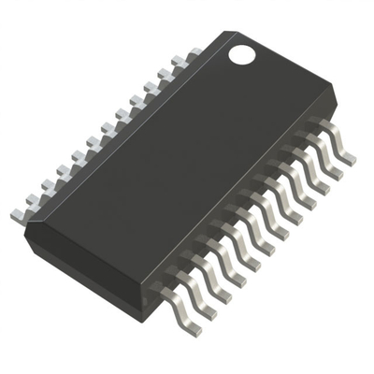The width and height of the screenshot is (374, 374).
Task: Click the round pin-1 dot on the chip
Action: (x=242, y=54)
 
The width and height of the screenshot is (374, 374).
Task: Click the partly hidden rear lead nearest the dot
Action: (x=193, y=54)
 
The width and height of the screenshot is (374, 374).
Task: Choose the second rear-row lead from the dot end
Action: (x=179, y=67)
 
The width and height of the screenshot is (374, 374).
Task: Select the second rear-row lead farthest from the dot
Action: (x=33, y=201)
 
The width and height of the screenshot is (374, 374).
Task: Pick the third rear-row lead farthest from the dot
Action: (x=47, y=187)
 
